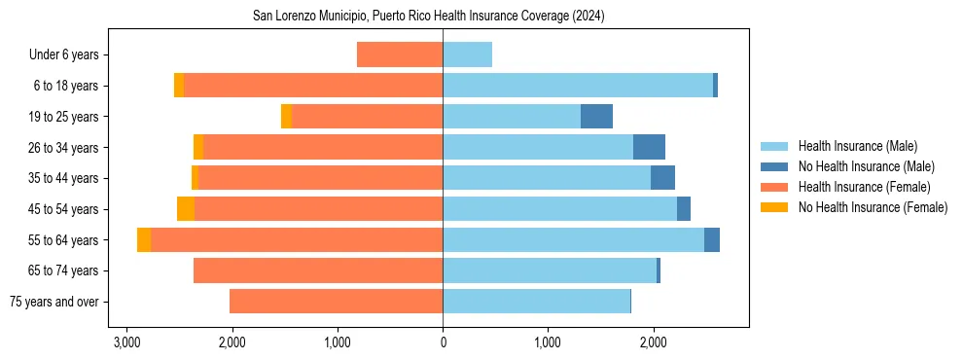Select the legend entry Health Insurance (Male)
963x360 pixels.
(x=857, y=146)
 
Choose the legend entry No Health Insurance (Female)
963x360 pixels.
(x=873, y=207)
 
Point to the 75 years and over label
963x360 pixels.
(x=53, y=302)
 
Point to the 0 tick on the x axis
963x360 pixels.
(x=443, y=342)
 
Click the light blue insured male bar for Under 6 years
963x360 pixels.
(x=467, y=54)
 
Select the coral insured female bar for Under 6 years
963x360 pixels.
(x=400, y=54)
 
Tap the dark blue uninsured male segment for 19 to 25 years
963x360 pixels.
(x=596, y=117)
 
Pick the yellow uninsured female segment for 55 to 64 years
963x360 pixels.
(x=144, y=240)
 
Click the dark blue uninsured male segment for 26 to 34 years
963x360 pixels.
(x=649, y=147)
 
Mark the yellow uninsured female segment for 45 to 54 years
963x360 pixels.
(x=186, y=209)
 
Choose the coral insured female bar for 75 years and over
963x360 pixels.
(x=336, y=302)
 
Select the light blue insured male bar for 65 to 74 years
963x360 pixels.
(x=550, y=270)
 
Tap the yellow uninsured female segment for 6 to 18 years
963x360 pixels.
(x=179, y=86)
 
